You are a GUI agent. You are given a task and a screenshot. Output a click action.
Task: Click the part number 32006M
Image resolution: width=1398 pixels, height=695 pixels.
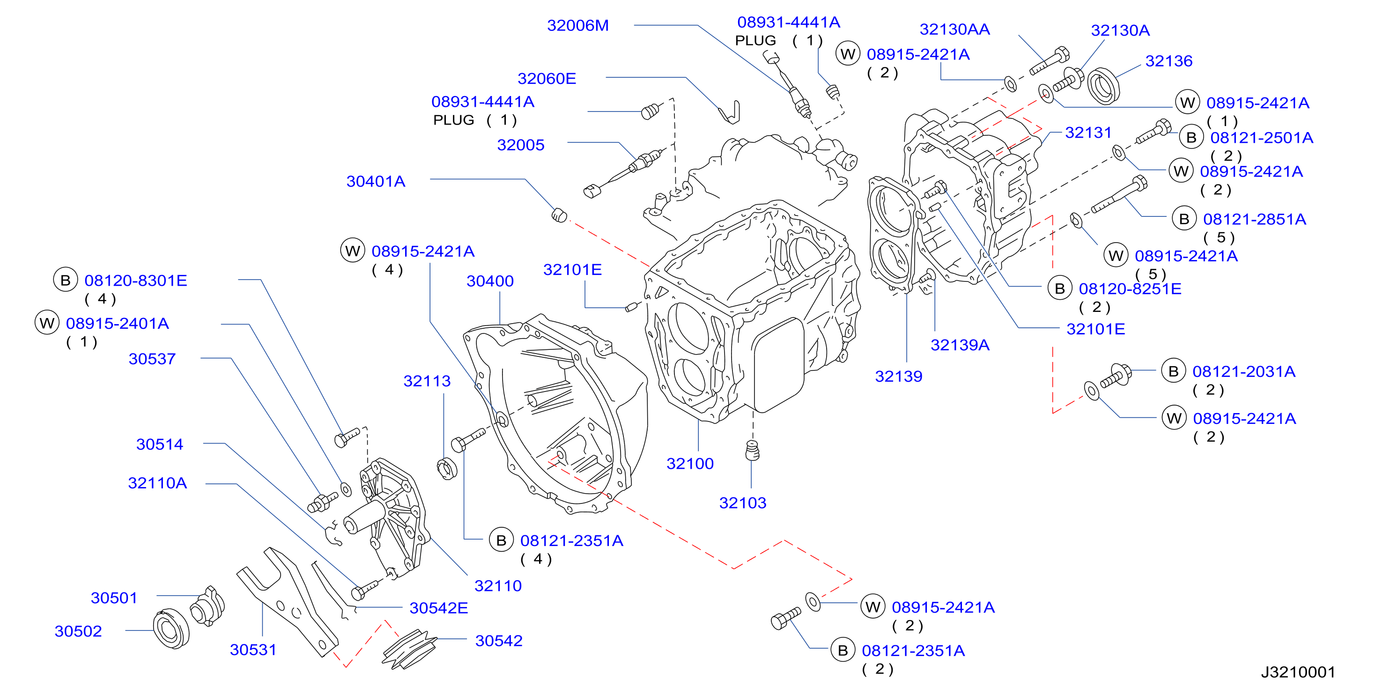tap(577, 25)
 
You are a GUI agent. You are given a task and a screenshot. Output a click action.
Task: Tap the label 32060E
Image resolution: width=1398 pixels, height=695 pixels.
tap(547, 79)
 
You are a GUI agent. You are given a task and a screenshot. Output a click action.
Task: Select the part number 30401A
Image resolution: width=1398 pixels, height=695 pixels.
tap(376, 181)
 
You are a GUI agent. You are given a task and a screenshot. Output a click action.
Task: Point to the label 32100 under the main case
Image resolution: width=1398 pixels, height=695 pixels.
tap(690, 463)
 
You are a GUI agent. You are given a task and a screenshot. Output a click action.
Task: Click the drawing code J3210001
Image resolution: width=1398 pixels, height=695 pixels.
tap(1298, 672)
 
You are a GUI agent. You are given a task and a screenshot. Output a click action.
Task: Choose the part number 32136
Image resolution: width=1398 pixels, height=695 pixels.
tap(1169, 61)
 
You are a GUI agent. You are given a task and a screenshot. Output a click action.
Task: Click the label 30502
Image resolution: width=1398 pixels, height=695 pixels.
tap(78, 631)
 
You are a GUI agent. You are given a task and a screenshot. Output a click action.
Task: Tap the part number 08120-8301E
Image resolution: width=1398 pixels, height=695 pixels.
tap(136, 281)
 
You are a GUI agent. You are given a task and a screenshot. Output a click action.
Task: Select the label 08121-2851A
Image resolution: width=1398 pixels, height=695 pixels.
tap(1254, 219)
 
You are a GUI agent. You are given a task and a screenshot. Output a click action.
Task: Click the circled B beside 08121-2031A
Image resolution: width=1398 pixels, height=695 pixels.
tap(1173, 372)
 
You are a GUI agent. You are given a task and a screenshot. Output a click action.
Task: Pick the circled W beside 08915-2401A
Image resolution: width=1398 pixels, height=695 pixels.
tap(47, 323)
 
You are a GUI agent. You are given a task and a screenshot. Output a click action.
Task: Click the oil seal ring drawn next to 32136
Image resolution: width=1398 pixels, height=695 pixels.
tap(1103, 86)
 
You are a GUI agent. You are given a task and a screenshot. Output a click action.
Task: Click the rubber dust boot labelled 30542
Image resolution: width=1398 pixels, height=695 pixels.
tap(409, 649)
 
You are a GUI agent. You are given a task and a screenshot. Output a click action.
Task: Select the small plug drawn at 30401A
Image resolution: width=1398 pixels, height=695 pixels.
tap(559, 215)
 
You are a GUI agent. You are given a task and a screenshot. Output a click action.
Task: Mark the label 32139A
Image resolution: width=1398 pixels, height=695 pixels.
tap(960, 345)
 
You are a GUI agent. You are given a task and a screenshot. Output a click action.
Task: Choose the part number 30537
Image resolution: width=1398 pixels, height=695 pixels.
tap(152, 359)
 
